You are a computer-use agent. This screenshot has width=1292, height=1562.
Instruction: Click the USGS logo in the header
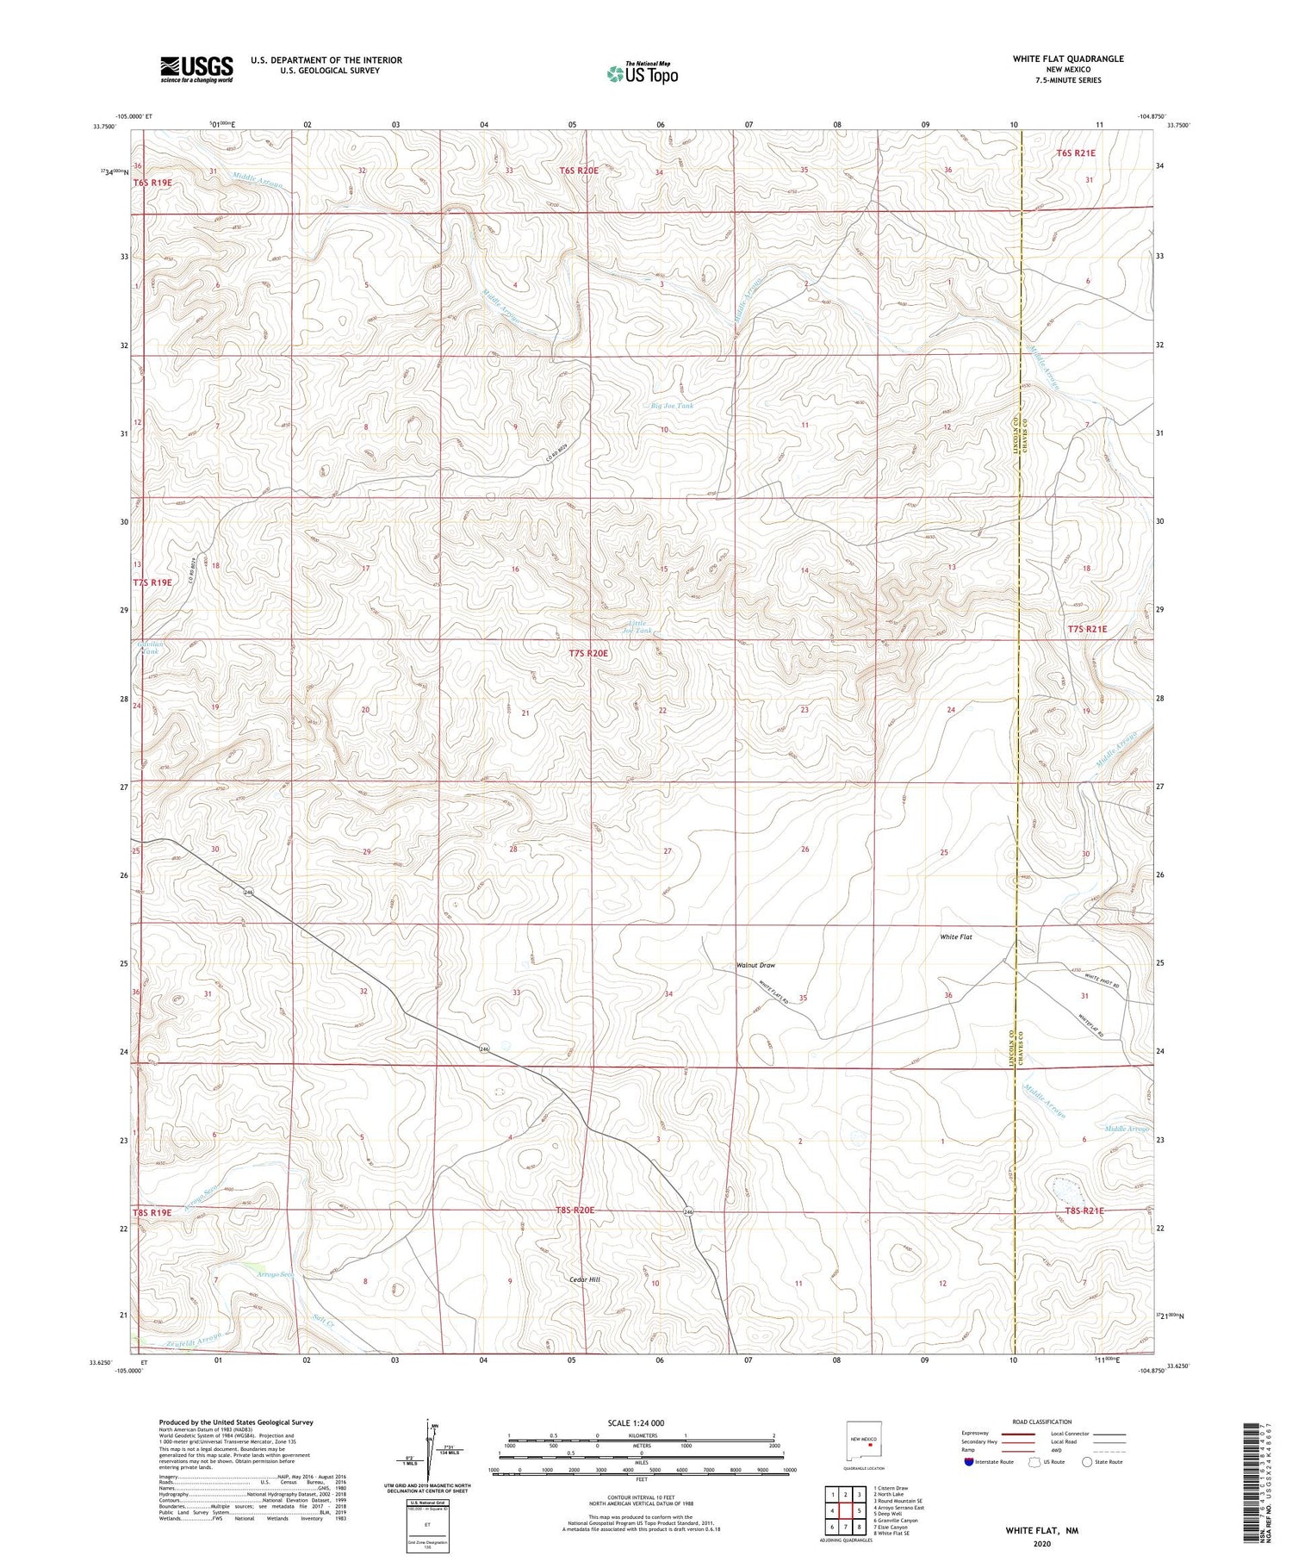pyautogui.click(x=196, y=69)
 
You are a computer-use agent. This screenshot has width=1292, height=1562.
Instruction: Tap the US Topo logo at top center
pyautogui.click(x=643, y=73)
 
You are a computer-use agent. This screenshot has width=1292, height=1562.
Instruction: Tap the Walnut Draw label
pyautogui.click(x=755, y=965)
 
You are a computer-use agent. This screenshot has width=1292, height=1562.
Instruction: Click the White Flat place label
pyautogui.click(x=955, y=937)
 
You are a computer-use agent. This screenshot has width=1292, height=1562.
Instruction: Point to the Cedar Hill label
pyautogui.click(x=585, y=1279)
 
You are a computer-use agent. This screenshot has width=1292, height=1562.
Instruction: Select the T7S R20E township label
pyautogui.click(x=588, y=654)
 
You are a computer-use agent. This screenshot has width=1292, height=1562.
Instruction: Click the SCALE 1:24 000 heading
pyautogui.click(x=636, y=1422)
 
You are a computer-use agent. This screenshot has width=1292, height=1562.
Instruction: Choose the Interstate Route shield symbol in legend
pyautogui.click(x=969, y=1462)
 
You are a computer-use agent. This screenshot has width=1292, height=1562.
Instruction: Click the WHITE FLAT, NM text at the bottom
pyautogui.click(x=1041, y=1530)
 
